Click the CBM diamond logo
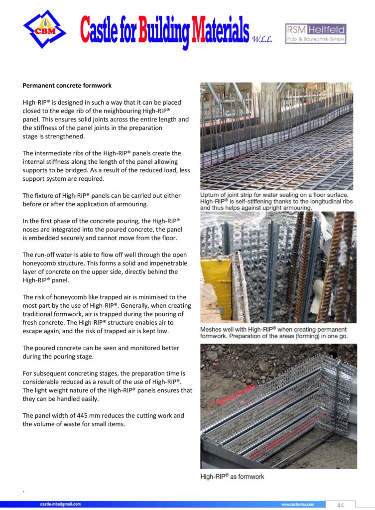pyautogui.click(x=44, y=29)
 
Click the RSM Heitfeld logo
pyautogui.click(x=316, y=33)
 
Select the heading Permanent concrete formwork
pyautogui.click(x=67, y=85)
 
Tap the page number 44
pyautogui.click(x=340, y=505)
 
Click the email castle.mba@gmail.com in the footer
pyautogui.click(x=60, y=505)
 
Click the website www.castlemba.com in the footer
pyautogui.click(x=297, y=505)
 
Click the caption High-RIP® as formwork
pyautogui.click(x=232, y=477)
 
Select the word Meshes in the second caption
pyautogui.click(x=214, y=330)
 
